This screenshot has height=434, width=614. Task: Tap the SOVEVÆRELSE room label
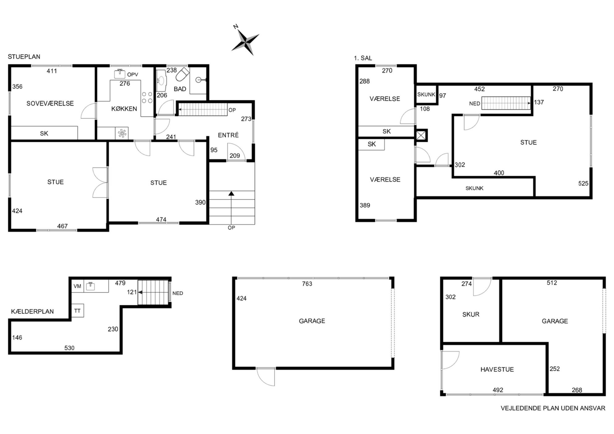pyautogui.click(x=50, y=103)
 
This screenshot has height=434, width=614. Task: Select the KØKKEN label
pyautogui.click(x=124, y=109)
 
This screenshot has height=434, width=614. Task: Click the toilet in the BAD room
pyautogui.click(x=182, y=74)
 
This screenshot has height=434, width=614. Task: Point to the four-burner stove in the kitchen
pyautogui.click(x=147, y=97)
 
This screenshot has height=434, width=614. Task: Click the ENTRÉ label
pyautogui.click(x=228, y=135)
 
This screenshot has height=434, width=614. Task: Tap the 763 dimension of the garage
pyautogui.click(x=307, y=284)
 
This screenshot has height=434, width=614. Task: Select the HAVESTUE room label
pyautogui.click(x=497, y=369)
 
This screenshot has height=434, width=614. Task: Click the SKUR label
pyautogui.click(x=471, y=314)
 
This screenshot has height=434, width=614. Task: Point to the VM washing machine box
pyautogui.click(x=77, y=286)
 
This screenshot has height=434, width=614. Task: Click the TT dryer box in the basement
pyautogui.click(x=77, y=311)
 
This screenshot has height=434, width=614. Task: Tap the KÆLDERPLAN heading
pyautogui.click(x=32, y=312)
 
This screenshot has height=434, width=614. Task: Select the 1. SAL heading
pyautogui.click(x=363, y=58)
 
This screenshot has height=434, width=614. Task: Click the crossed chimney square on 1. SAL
pyautogui.click(x=421, y=135)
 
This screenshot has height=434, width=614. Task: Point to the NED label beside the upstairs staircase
pyautogui.click(x=474, y=104)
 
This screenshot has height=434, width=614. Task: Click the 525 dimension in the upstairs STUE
pyautogui.click(x=583, y=183)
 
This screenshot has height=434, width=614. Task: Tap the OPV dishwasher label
pyautogui.click(x=132, y=75)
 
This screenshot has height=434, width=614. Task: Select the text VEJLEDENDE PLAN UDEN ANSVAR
pyautogui.click(x=553, y=408)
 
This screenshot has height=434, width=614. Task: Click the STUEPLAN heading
pyautogui.click(x=24, y=57)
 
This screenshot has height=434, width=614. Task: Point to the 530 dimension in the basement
pyautogui.click(x=69, y=348)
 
